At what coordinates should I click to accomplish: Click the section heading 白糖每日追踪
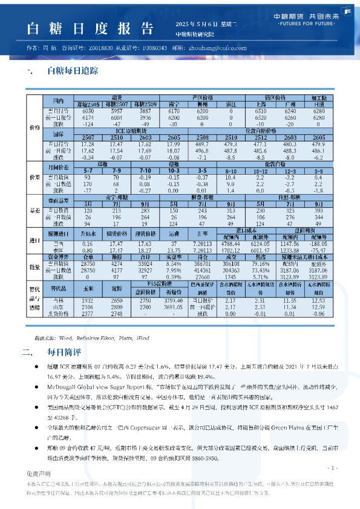pos(73,71)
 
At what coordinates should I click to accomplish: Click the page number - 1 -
pos(332,468)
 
